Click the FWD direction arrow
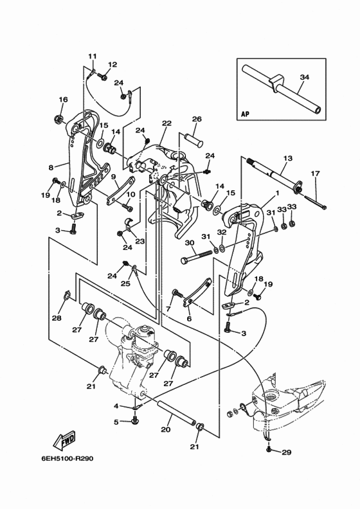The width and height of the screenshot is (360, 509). [64, 440]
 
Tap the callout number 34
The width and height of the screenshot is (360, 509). [305, 77]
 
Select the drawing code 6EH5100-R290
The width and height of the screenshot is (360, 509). [67, 459]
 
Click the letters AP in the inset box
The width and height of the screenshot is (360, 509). [246, 114]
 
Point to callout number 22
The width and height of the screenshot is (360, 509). [166, 123]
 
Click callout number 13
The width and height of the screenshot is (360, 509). [287, 158]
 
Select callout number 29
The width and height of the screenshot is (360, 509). [287, 452]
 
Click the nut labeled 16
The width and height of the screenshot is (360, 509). [59, 118]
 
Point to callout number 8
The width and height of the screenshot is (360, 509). [51, 168]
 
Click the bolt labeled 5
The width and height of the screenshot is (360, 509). [135, 421]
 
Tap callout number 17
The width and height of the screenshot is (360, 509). [315, 174]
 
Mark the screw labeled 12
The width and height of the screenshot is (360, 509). [103, 77]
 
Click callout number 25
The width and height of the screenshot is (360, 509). [125, 283]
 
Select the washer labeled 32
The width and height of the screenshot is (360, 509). [222, 248]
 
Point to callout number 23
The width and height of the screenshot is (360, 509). [140, 242]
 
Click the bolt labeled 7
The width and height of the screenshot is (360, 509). [177, 292]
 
